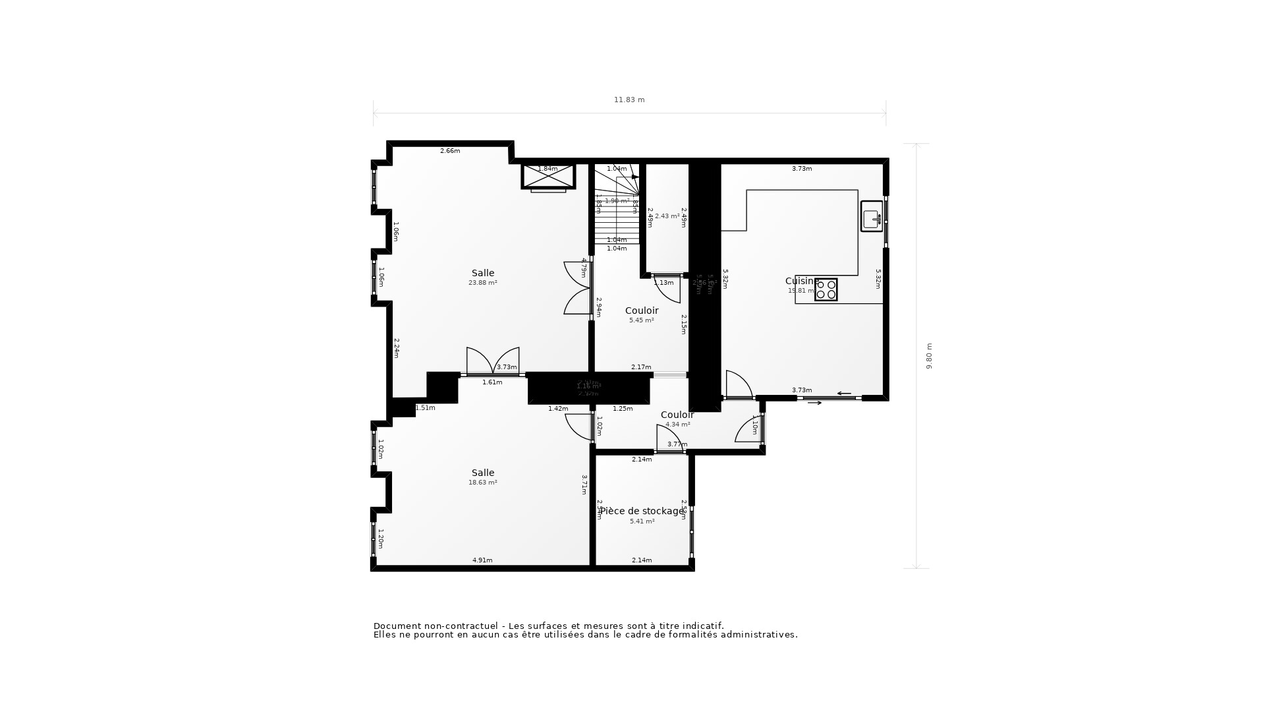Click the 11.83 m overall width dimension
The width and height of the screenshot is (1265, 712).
629,100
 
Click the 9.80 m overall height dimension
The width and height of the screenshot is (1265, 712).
929,356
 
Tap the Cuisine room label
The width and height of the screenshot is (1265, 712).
801,281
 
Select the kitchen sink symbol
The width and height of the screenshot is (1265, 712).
871,216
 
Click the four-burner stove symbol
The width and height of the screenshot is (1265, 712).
826,290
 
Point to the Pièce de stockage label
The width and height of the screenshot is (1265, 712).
642,511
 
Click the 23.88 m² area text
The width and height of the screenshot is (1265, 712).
482,283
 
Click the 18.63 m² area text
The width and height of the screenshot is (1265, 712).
482,483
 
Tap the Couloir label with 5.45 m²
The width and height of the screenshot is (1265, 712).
641,311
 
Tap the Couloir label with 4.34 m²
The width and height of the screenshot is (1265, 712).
677,415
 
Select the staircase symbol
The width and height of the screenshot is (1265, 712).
617,204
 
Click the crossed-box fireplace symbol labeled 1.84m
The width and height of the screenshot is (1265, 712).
548,176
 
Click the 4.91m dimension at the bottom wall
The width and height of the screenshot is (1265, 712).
482,560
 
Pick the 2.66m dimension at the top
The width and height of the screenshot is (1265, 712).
450,151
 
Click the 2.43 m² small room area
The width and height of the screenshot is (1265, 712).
667,216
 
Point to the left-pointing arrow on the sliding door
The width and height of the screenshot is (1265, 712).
844,394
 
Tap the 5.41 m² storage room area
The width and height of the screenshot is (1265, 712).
642,521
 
